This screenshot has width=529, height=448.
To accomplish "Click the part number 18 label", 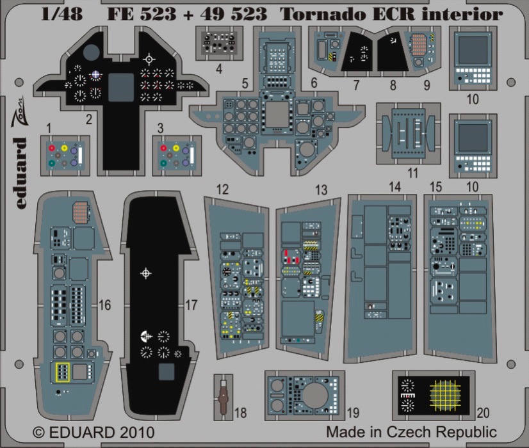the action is pyautogui.click(x=241, y=413).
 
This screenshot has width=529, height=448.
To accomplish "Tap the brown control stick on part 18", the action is pyautogui.click(x=223, y=397).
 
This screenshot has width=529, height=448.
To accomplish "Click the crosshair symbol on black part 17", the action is pyautogui.click(x=146, y=273).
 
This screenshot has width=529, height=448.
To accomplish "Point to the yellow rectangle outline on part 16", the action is pyautogui.click(x=63, y=372).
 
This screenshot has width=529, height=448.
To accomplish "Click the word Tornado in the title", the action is pyautogui.click(x=312, y=14).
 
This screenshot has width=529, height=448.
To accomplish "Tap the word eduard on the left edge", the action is pyautogui.click(x=20, y=173).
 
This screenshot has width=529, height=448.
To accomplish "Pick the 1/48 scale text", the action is pyautogui.click(x=61, y=14).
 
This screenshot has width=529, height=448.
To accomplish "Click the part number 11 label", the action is pyautogui.click(x=413, y=173).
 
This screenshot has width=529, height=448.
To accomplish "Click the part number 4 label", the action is pyautogui.click(x=219, y=69).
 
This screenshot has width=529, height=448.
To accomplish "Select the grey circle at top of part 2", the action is pyautogui.click(x=92, y=52).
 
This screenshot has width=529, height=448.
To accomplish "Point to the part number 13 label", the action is pyautogui.click(x=321, y=190).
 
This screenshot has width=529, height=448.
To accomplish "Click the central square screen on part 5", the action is pyautogui.click(x=277, y=114).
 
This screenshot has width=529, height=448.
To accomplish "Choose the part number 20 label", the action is pyautogui.click(x=483, y=413).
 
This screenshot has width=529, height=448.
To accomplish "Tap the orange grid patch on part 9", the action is pyautogui.click(x=419, y=45).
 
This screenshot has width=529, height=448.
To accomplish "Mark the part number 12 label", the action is pyautogui.click(x=223, y=189).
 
